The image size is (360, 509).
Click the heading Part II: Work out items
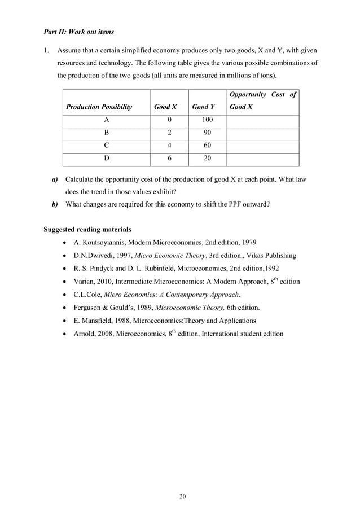click(78, 32)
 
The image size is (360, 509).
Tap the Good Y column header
click(204, 107)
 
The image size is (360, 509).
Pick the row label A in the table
click(106, 121)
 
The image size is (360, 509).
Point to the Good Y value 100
click(207, 121)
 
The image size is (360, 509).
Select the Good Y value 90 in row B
click(207, 134)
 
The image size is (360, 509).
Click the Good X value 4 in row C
click(170, 147)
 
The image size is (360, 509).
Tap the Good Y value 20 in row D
click(207, 160)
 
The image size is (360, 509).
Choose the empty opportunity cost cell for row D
click(262, 160)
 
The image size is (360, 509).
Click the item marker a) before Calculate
click(55, 179)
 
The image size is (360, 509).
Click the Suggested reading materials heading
click(87, 229)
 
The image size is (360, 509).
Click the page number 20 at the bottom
click(182, 496)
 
